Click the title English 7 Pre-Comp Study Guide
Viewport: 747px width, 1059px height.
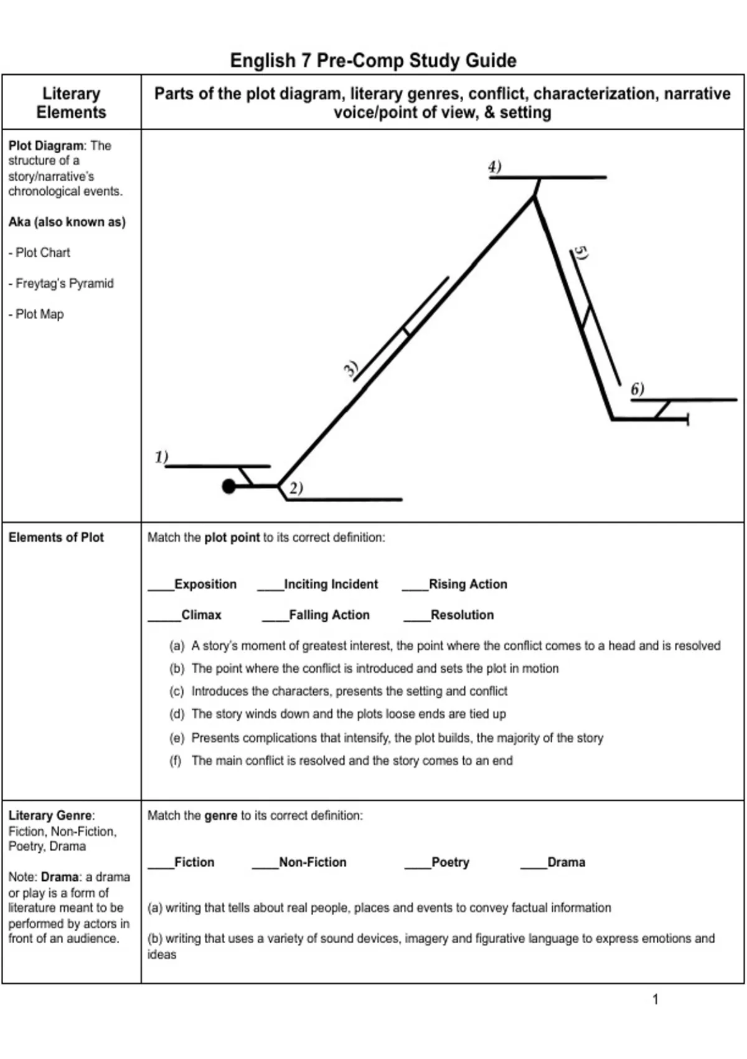tap(373, 60)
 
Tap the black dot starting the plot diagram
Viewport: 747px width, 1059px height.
tap(229, 486)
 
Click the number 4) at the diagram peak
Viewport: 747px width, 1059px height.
tap(495, 167)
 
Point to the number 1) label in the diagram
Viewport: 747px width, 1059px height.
tap(161, 457)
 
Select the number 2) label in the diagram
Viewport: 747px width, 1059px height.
tap(296, 488)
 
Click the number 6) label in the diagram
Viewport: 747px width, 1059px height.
tap(637, 389)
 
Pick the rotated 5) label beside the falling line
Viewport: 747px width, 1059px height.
tap(581, 253)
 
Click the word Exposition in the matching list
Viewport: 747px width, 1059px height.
tap(205, 584)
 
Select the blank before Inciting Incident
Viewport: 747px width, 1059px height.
tap(270, 586)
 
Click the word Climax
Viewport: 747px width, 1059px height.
tap(201, 615)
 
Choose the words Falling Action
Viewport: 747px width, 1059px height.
tap(329, 615)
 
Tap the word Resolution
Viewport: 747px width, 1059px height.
tap(462, 615)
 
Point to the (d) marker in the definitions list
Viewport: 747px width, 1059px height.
tap(177, 714)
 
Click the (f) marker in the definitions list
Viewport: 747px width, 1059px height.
tap(176, 761)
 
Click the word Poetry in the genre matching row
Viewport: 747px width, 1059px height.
tap(450, 862)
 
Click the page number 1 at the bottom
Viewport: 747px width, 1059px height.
tap(655, 999)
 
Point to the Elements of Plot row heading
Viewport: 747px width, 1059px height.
tap(56, 537)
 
